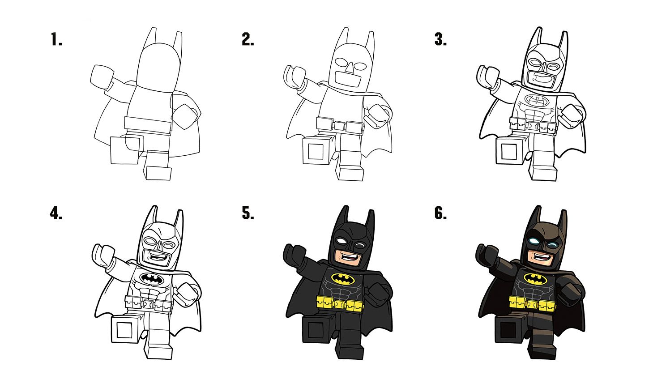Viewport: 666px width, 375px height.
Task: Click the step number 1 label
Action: [56, 40]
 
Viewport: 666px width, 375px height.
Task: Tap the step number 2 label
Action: [248, 40]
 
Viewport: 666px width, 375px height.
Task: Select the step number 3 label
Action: [440, 40]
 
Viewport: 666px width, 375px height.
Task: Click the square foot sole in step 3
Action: [509, 151]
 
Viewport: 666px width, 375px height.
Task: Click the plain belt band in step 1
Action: [148, 123]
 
